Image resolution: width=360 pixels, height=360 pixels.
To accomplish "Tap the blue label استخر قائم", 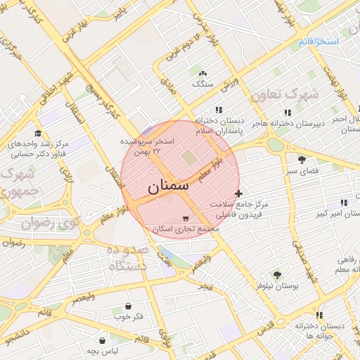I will click(x=319, y=42).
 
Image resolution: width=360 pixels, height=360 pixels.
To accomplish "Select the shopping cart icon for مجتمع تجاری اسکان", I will click(x=184, y=219).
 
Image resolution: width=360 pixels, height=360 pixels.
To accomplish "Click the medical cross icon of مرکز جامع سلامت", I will click(x=239, y=193).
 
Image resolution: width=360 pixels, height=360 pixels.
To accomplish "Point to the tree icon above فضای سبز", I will click(x=302, y=160).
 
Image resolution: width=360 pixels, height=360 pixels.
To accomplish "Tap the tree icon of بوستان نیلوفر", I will click(x=276, y=275).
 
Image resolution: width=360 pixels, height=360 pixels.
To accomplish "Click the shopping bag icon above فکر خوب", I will click(x=128, y=306).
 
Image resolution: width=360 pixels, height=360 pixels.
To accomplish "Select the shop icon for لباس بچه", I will click(x=103, y=340).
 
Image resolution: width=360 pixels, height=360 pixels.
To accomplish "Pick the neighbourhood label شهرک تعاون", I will click(x=285, y=94).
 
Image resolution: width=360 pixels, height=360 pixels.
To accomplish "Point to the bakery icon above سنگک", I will click(x=203, y=73).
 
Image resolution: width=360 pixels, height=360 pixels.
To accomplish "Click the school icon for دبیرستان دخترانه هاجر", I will click(x=288, y=112).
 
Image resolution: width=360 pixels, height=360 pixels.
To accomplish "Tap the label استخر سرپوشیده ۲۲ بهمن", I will click(x=150, y=145).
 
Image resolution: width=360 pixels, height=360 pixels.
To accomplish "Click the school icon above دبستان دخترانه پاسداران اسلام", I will click(x=219, y=110).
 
